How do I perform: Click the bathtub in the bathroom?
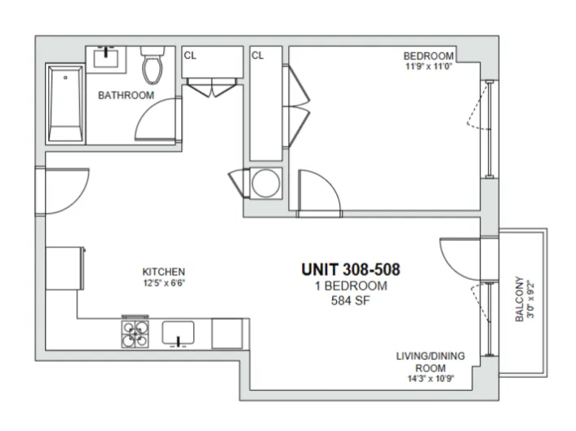64,104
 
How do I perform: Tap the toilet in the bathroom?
152,67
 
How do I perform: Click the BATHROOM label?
126,96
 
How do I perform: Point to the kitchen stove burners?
135,333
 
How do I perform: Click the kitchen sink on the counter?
179,333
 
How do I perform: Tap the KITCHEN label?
164,272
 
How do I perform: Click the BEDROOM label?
428,56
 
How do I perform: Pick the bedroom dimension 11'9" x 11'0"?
428,67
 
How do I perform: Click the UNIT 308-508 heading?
350,269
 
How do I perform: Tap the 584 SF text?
350,300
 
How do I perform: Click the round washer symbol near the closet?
265,183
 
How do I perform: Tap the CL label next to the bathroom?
190,56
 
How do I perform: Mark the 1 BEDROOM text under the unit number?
350,286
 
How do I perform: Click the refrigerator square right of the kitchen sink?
227,333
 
